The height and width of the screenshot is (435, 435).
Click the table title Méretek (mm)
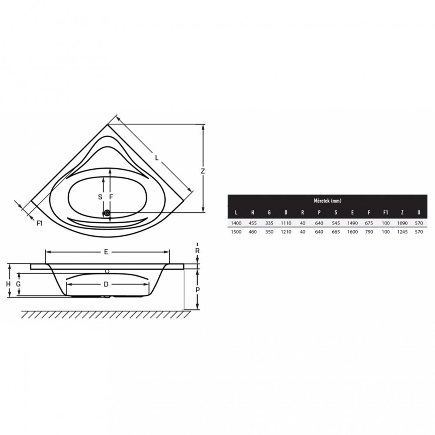(x=328, y=201)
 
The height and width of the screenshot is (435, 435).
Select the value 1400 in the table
(x=236, y=223)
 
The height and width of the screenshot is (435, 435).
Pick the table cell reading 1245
(x=402, y=232)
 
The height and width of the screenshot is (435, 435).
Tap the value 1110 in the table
(x=286, y=223)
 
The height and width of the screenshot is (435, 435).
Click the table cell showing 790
(x=369, y=232)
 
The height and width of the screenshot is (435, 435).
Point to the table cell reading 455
(x=253, y=223)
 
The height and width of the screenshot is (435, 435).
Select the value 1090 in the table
(x=402, y=223)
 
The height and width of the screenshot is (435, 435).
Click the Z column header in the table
(x=402, y=213)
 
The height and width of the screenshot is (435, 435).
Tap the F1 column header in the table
(x=385, y=213)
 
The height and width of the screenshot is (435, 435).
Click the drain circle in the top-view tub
(x=107, y=214)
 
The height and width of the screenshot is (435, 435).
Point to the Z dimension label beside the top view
(x=203, y=171)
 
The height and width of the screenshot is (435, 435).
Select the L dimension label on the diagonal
(x=157, y=157)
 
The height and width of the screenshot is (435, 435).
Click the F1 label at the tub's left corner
(x=39, y=224)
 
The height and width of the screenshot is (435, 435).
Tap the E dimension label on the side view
(x=107, y=252)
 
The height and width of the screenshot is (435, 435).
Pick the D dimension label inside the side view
(x=106, y=284)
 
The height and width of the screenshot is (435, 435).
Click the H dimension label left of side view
(x=8, y=284)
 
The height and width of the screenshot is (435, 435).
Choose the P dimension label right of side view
(x=197, y=290)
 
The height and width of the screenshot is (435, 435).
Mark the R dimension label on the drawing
(x=197, y=251)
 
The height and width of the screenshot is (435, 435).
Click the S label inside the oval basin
(x=100, y=197)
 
